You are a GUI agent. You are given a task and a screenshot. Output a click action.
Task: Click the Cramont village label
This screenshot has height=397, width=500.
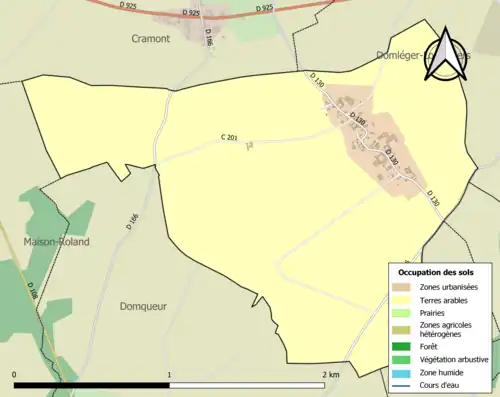click(x=151, y=38)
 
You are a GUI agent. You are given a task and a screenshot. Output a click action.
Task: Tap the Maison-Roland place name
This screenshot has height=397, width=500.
click(x=57, y=242)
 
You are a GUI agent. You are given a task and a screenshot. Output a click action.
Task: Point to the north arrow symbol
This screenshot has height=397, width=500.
click(x=447, y=49)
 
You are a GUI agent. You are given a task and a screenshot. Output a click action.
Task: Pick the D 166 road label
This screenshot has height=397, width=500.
click(x=130, y=221)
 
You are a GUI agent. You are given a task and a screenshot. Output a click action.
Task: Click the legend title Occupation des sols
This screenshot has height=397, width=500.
click(x=436, y=272)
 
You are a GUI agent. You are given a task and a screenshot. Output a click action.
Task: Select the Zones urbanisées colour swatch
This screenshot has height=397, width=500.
click(x=400, y=288)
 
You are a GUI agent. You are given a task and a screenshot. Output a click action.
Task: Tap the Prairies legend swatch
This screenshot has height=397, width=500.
click(x=400, y=311)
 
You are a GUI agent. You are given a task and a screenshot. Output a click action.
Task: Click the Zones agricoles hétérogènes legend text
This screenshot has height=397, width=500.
click(x=447, y=329)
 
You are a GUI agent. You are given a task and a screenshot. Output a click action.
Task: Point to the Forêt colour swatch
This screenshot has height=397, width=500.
click(x=400, y=347)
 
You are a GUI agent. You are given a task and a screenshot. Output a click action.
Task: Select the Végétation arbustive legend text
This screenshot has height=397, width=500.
click(x=455, y=359)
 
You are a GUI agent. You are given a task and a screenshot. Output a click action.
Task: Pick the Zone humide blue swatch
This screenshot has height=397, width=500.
click(x=400, y=371)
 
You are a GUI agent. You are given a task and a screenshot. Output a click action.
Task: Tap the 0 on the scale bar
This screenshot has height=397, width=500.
click(x=14, y=374)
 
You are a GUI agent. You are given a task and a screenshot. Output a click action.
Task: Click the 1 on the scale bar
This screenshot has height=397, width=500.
click(x=169, y=374)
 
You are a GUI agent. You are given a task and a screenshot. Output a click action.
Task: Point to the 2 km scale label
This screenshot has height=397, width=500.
click(x=331, y=374)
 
